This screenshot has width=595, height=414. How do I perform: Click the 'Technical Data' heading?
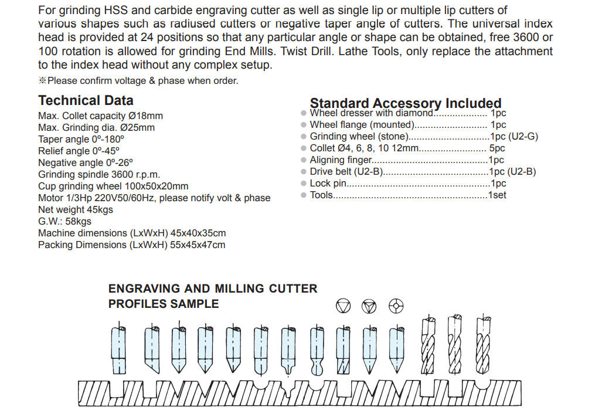86,100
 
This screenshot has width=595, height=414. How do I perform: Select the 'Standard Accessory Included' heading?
406,104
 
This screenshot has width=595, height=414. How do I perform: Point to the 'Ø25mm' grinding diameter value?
138,128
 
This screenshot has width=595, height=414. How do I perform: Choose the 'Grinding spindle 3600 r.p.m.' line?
99,175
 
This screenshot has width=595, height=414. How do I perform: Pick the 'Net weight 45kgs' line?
76,210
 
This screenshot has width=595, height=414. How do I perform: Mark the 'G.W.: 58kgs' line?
65,222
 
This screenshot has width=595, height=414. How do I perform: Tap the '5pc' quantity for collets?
497,148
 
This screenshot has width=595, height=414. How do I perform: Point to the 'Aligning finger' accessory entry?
341,160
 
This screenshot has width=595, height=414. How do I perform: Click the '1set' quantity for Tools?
497,195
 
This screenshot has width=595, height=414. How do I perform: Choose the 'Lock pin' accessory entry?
328,184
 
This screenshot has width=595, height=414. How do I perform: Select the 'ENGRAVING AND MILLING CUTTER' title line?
213,289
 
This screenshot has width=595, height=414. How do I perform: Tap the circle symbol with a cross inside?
396,306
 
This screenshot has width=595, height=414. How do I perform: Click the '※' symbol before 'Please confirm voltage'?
42,81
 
